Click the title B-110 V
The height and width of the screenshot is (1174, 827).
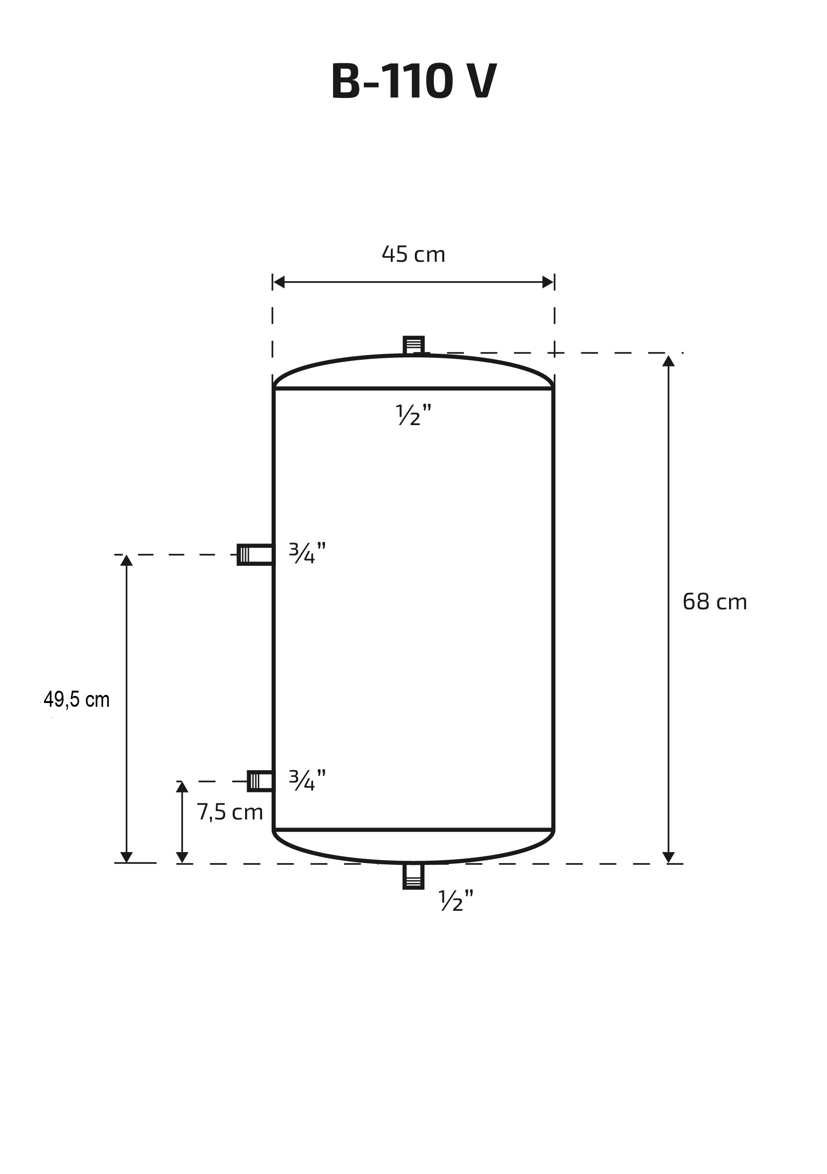(413, 81)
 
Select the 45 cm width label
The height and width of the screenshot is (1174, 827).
(413, 254)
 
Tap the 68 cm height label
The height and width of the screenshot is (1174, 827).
(714, 602)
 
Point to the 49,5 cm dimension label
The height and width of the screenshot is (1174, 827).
(77, 700)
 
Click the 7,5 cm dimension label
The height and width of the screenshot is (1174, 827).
(230, 812)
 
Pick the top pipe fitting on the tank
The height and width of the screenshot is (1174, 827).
(413, 345)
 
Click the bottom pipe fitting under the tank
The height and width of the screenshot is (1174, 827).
(413, 876)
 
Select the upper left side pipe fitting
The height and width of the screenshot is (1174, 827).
(255, 555)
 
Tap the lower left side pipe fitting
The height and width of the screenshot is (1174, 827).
(260, 781)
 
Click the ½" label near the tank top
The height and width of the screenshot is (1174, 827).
(413, 415)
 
